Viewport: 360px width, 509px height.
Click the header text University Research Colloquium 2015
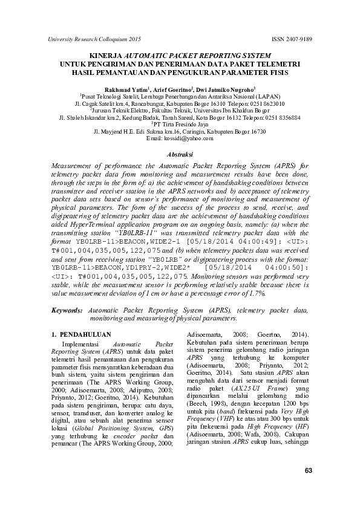point(93,39)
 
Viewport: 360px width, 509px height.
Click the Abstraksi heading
point(180,155)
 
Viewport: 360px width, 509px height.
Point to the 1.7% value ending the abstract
point(255,293)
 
